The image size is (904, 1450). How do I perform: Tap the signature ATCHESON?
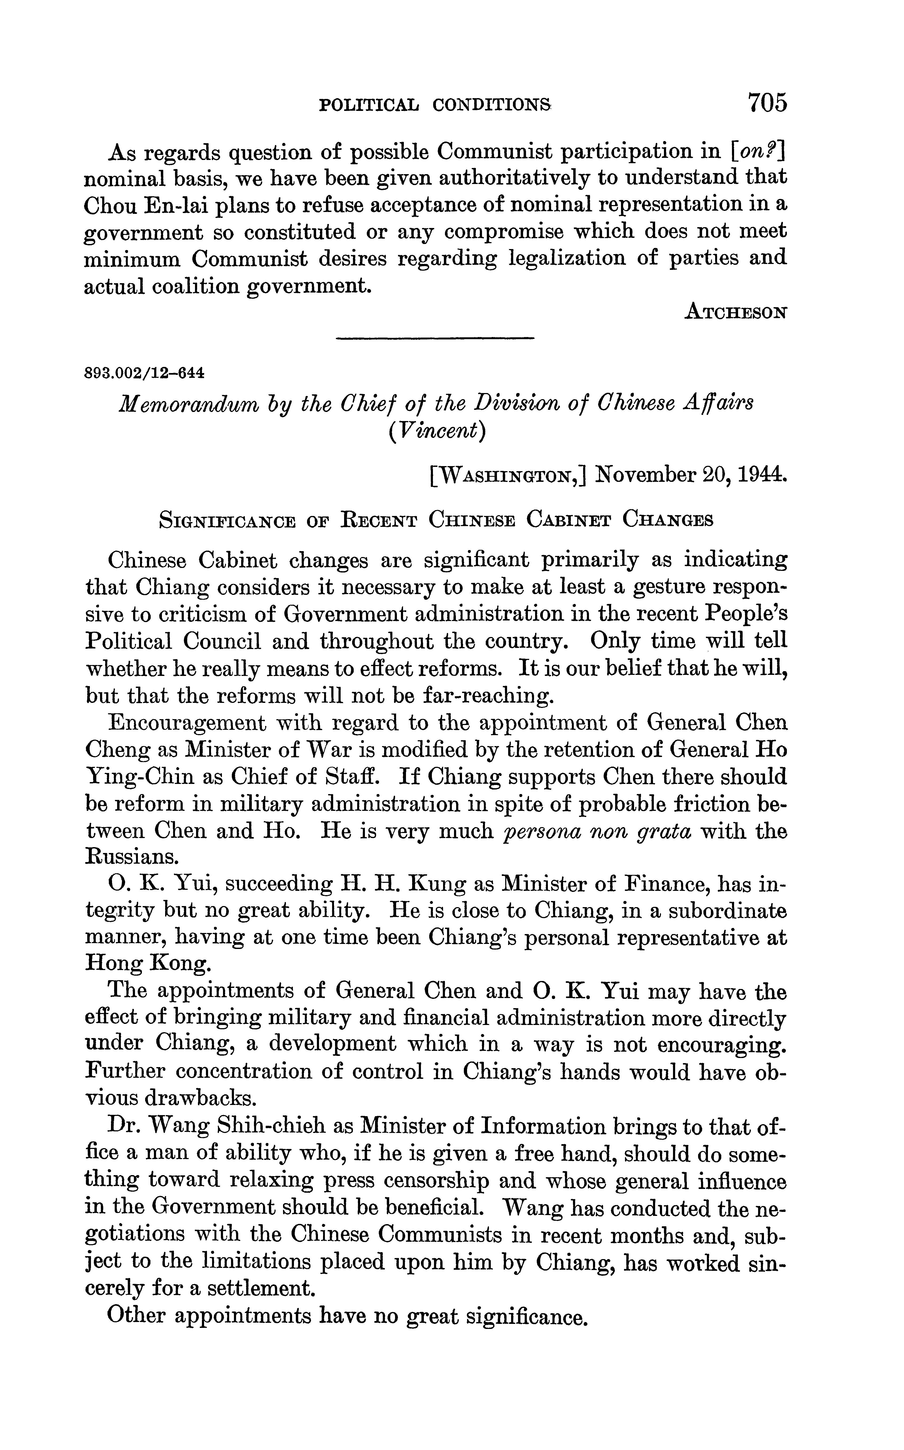click(x=735, y=311)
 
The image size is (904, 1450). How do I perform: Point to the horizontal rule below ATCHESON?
click(x=435, y=339)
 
